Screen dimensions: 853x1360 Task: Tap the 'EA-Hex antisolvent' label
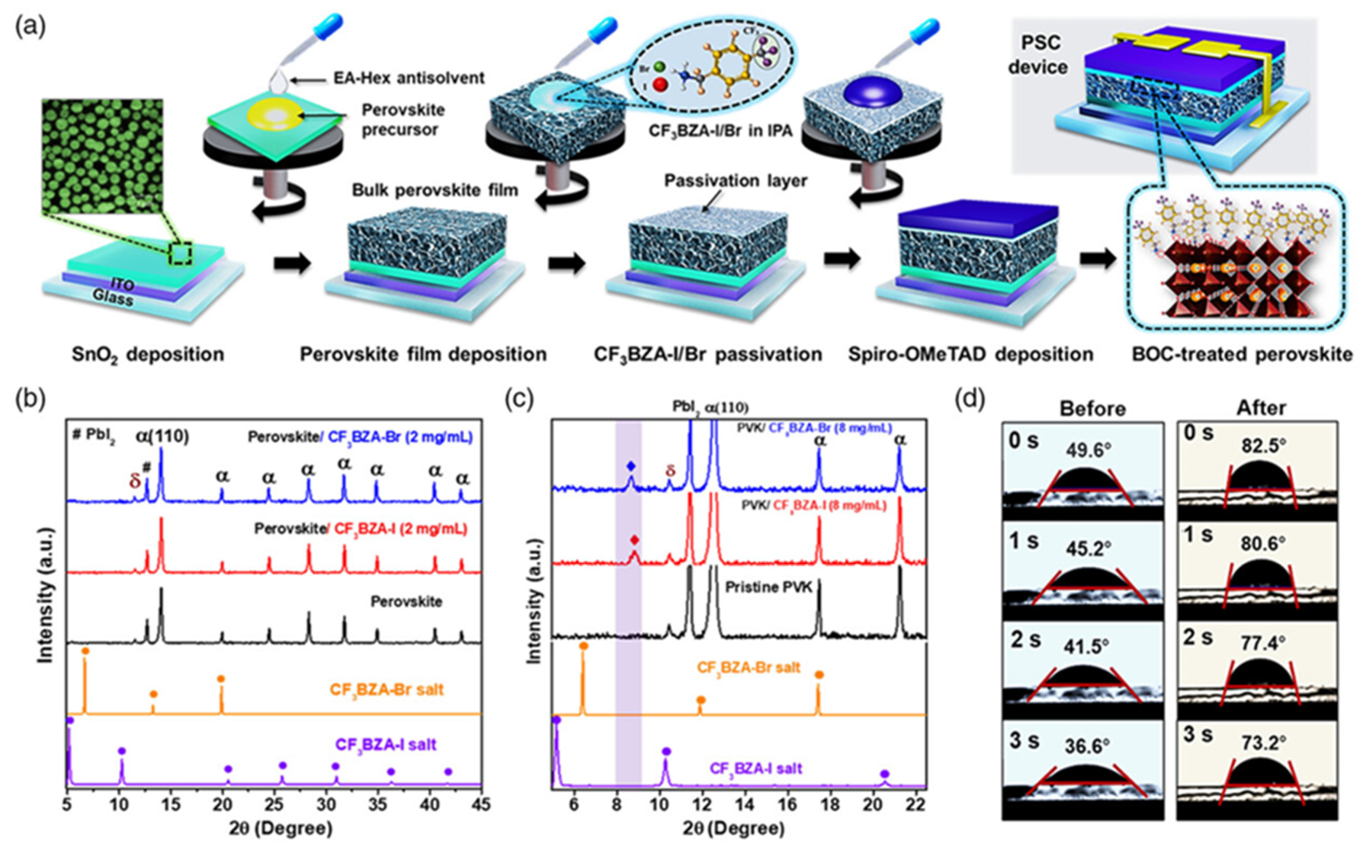click(x=409, y=78)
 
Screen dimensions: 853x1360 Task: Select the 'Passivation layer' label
click(x=735, y=181)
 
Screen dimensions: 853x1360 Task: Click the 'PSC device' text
click(x=1038, y=55)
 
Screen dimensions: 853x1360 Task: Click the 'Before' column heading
click(x=1092, y=408)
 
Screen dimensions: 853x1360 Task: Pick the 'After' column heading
click(x=1261, y=408)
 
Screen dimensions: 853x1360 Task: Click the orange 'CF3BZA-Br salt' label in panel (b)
click(x=386, y=689)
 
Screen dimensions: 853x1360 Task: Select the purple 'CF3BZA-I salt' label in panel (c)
click(x=756, y=768)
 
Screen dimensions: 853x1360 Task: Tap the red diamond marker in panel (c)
click(x=635, y=540)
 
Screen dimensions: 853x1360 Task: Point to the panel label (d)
click(x=969, y=400)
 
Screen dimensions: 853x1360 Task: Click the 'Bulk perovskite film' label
click(x=435, y=190)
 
